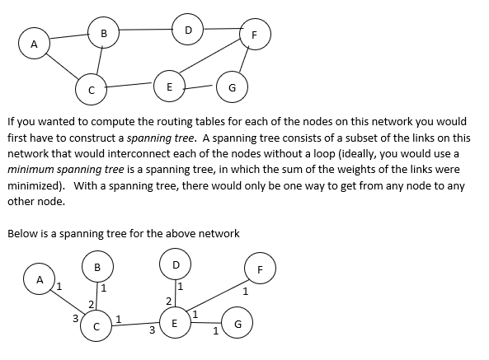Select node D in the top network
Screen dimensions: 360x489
[188, 30]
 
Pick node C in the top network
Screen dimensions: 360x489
[92, 88]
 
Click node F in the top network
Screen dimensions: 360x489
[254, 35]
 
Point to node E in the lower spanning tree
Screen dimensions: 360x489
[174, 324]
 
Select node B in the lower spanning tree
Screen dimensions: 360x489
[97, 267]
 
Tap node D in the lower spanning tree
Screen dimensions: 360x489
[175, 264]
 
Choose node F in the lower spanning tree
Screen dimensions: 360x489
[260, 269]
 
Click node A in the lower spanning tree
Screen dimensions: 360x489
[40, 279]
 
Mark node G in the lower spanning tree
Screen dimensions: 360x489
[237, 324]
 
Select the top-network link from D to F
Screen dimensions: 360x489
[221, 30]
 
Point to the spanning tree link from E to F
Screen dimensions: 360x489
[217, 300]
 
